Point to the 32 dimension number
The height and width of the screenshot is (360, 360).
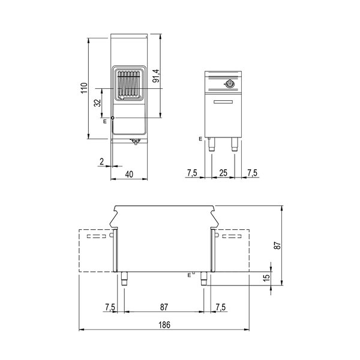click(x=98, y=103)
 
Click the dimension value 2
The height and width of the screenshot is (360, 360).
click(x=102, y=161)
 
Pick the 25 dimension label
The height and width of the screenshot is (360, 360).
click(x=223, y=173)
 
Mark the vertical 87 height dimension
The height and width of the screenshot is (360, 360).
click(x=277, y=245)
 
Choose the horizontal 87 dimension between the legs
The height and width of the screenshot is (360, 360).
click(x=164, y=307)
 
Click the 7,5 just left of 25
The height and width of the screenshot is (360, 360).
click(x=192, y=173)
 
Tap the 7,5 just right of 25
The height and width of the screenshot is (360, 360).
click(x=253, y=173)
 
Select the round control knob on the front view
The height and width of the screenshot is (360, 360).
click(x=230, y=83)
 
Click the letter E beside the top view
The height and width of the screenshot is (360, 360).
click(x=105, y=121)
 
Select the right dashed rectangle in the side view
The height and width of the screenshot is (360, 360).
click(x=232, y=251)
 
